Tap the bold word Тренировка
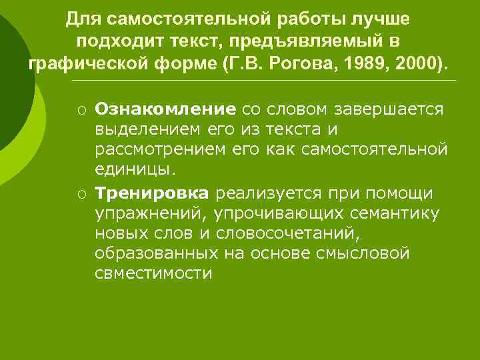152,193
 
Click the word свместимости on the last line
153,273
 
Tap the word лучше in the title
379,19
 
